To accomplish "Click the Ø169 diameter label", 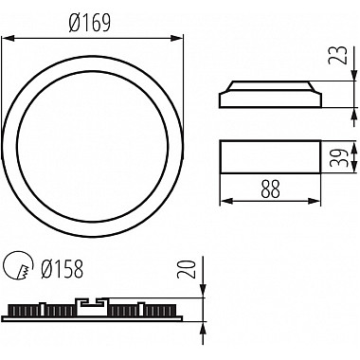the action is pos(90,24).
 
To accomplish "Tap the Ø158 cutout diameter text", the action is pos(63,269).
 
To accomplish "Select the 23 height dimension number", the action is pos(337,55).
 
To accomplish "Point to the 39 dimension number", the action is pos(336,157).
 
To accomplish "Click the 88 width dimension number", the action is pos(270,189).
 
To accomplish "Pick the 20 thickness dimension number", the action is pos(186,269).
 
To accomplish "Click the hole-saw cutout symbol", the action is pos(19,265).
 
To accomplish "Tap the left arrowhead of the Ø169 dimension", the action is pos(9,38).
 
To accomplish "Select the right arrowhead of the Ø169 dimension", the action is pos(176,38).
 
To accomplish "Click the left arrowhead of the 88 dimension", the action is pos(226,201).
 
